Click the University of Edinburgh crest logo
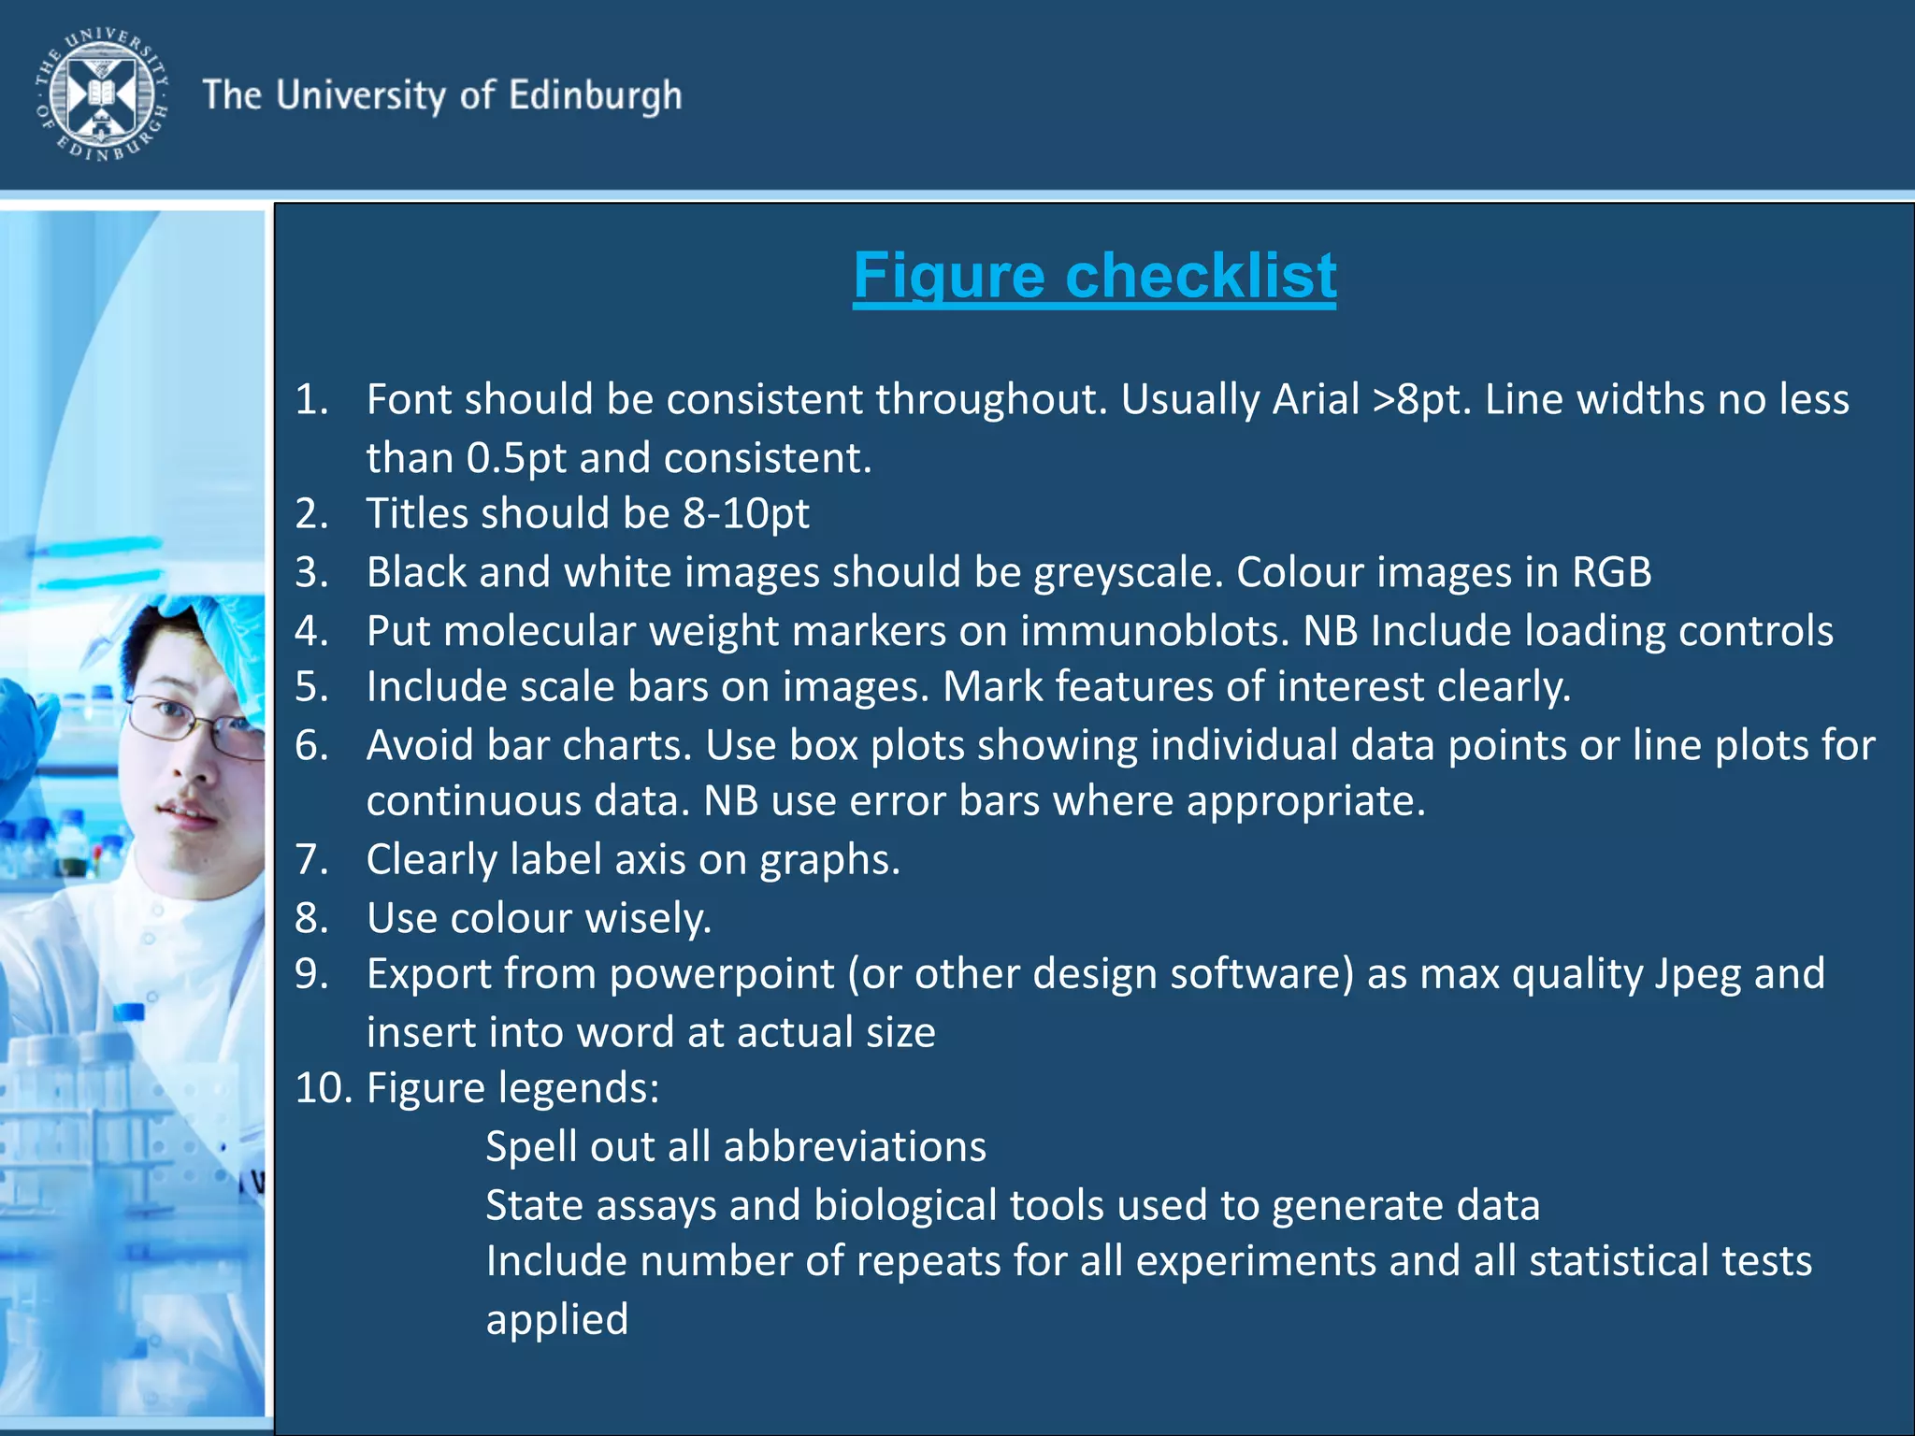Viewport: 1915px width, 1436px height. click(102, 94)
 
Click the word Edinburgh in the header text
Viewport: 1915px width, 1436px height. click(596, 96)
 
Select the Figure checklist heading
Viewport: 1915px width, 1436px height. click(1094, 276)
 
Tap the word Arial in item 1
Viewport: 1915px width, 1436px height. click(1315, 400)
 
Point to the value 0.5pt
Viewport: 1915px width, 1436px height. click(516, 458)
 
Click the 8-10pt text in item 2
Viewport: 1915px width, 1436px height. click(746, 513)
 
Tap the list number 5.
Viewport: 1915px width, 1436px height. click(311, 687)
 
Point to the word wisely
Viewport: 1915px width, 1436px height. click(648, 918)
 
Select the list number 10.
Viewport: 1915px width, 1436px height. click(324, 1088)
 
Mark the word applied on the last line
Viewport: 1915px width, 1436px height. click(557, 1319)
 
